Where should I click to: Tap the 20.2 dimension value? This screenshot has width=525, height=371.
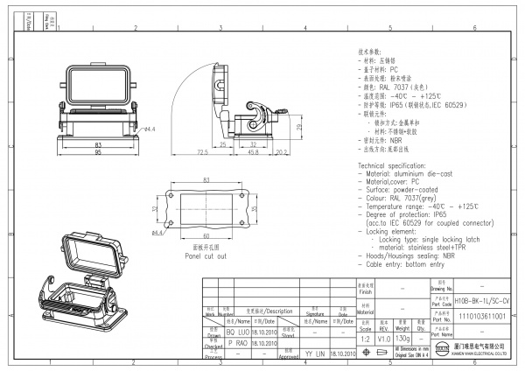[282, 151]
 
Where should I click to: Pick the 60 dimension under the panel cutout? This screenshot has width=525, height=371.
[206, 236]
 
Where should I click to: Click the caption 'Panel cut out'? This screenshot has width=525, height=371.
[205, 255]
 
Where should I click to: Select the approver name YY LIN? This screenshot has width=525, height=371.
[314, 355]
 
